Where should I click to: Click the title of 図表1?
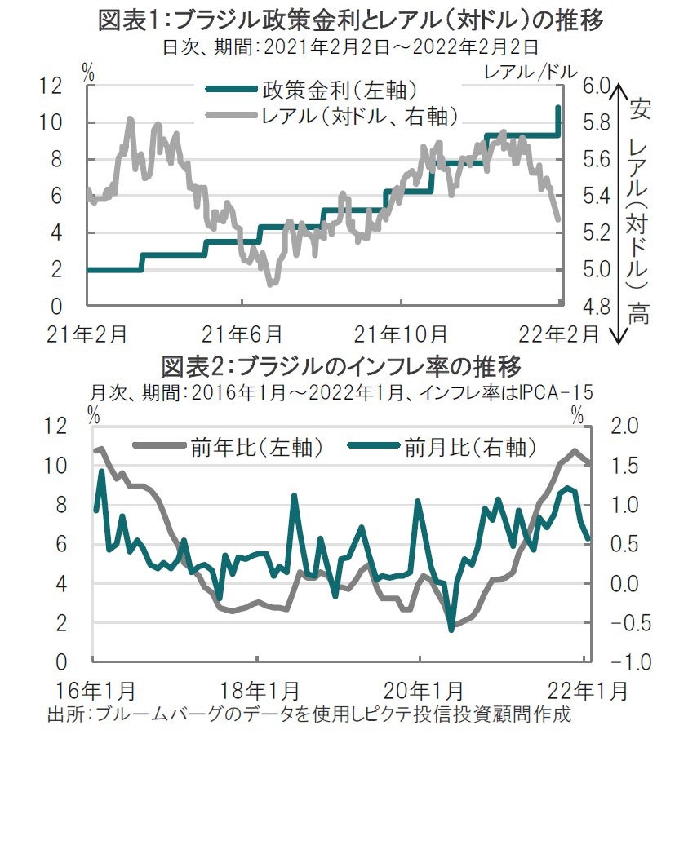point(351,20)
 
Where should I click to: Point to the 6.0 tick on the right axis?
point(597,86)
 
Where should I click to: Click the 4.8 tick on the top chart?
point(597,307)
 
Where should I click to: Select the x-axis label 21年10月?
point(401,334)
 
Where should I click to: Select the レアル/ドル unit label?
point(530,70)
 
